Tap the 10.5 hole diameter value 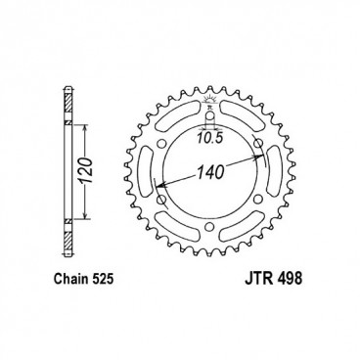pyautogui.click(x=207, y=138)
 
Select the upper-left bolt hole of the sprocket pyautogui.click(x=162, y=150)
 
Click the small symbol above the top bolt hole pyautogui.click(x=208, y=106)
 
